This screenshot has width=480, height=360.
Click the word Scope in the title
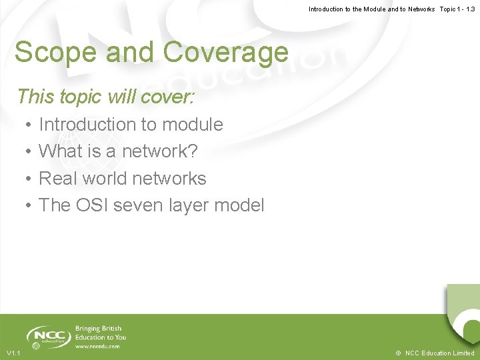tap(51, 52)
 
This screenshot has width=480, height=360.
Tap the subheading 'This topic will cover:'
tap(105, 97)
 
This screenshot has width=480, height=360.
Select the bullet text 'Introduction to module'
tap(131, 125)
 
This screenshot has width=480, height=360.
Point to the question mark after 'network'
tap(193, 151)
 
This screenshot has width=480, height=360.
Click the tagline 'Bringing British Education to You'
tap(100, 333)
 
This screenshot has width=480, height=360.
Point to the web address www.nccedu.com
tap(97, 346)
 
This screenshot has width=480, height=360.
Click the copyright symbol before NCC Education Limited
tap(398, 353)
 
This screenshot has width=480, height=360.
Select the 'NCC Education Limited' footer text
tap(440, 353)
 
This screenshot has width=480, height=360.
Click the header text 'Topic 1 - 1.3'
tap(457, 9)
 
